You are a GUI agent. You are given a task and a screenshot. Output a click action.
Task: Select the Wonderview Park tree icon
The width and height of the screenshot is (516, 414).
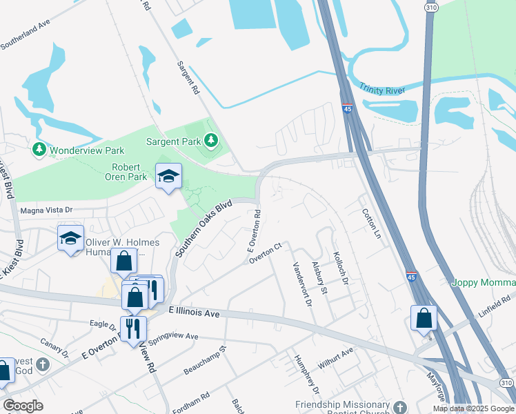point(39,149)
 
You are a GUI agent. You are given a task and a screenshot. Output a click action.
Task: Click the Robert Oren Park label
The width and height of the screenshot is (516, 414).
point(130,172)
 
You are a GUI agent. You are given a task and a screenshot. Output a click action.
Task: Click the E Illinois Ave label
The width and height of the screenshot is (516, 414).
point(194,313)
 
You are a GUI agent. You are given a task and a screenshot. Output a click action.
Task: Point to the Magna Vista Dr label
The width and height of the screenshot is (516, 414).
point(46,210)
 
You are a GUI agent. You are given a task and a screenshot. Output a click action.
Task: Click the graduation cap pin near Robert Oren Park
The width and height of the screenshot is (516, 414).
point(168,177)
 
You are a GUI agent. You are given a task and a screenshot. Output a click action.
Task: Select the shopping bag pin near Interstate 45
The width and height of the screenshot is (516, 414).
point(424,317)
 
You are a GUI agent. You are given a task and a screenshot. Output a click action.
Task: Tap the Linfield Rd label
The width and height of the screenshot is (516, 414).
point(497,302)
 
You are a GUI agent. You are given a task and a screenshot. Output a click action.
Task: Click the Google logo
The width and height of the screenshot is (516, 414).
point(23,406)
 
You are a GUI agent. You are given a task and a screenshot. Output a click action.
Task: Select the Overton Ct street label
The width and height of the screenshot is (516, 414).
point(266,253)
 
